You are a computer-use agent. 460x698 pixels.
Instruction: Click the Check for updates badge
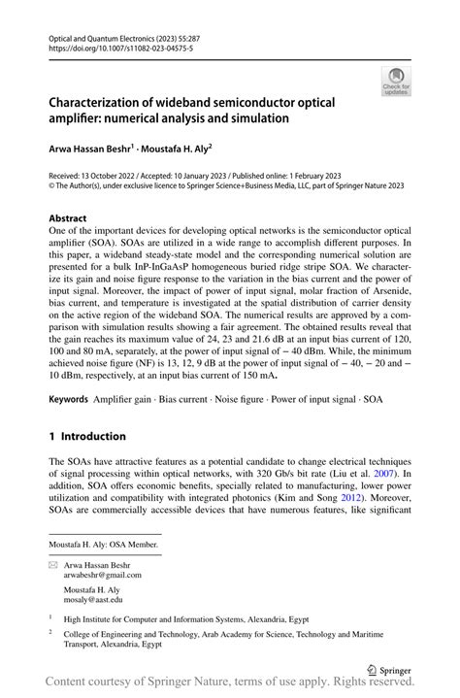click(396, 80)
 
